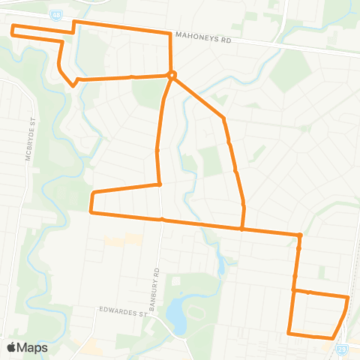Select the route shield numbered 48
click(x=56, y=13)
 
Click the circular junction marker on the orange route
click(x=172, y=74)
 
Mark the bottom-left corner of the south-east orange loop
click(x=289, y=332)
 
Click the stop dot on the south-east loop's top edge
click(x=309, y=292)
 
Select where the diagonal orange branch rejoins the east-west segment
click(x=241, y=229)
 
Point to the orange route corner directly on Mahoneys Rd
click(x=170, y=33)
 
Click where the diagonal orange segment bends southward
click(x=223, y=118)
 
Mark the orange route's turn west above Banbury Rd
click(x=159, y=184)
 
